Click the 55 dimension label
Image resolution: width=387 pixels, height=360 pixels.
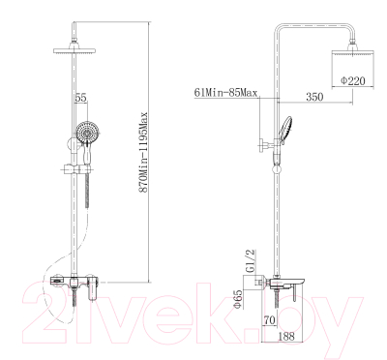[81, 98]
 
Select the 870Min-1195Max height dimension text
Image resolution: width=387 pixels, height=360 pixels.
[143, 152]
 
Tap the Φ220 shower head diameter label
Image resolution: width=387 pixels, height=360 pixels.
[353, 80]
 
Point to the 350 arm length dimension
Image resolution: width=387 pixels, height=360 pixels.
[314, 96]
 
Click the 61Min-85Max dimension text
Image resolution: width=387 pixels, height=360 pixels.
[225, 93]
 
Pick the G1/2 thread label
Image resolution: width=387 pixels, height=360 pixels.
[251, 262]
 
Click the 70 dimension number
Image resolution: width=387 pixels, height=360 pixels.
[270, 320]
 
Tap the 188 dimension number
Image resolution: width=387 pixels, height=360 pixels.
[285, 336]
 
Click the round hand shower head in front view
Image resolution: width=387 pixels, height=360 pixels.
[88, 132]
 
